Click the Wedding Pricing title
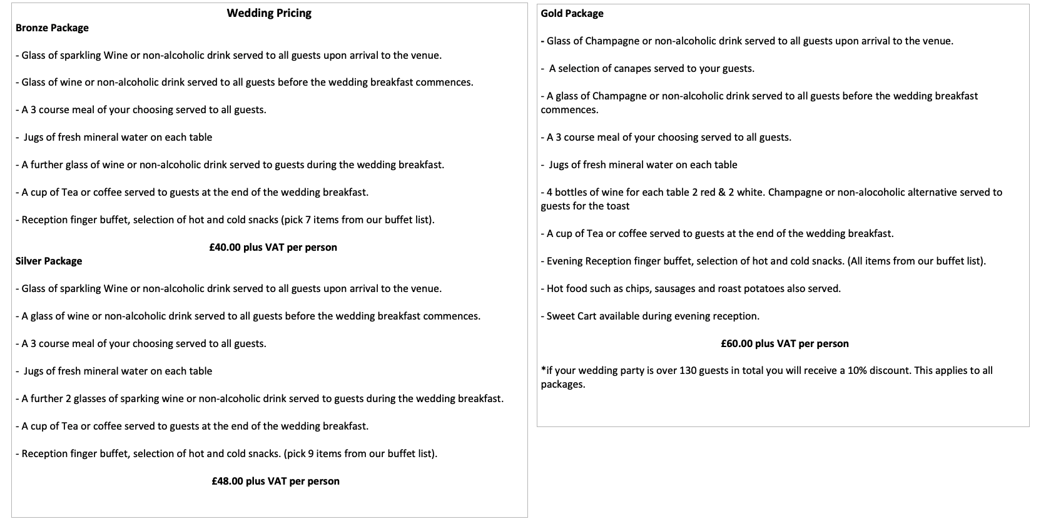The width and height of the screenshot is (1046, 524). point(269,13)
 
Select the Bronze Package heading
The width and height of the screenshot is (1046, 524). point(52,28)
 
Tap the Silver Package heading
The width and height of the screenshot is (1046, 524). point(49,261)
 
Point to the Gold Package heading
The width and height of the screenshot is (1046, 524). point(572,14)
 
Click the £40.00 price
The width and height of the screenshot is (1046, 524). point(225,248)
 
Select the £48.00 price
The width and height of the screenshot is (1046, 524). point(227,481)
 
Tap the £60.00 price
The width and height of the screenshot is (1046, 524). point(736,344)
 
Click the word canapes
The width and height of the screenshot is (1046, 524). point(647,69)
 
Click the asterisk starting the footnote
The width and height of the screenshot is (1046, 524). point(543,370)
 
